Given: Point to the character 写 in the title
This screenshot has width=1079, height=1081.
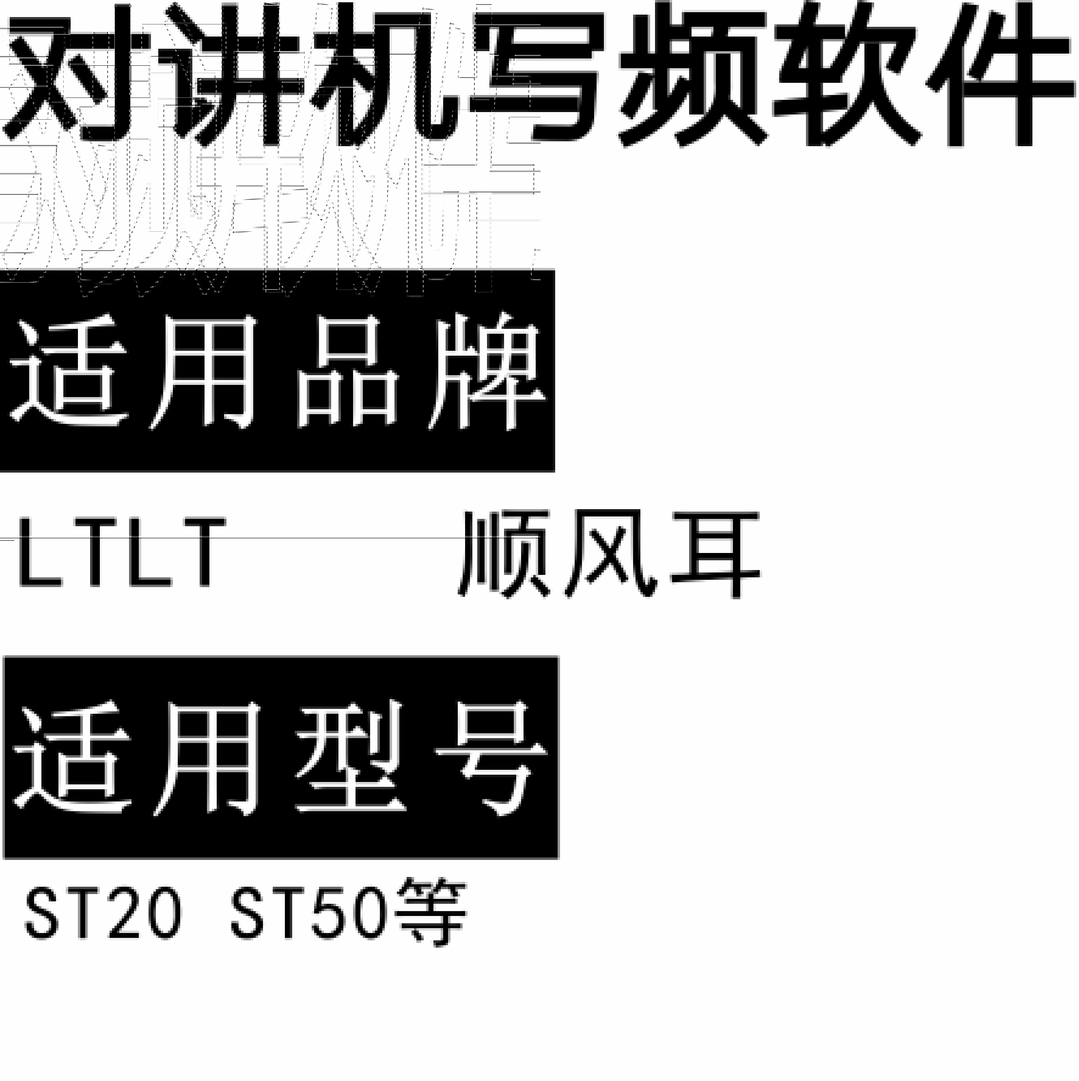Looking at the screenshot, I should (x=537, y=76).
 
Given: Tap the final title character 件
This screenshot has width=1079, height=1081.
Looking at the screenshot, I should (x=1001, y=76).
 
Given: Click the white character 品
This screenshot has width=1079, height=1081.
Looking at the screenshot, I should (x=347, y=372).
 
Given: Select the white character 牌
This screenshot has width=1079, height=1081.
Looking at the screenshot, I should (x=487, y=372).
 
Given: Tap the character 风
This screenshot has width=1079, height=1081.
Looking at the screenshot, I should (x=610, y=554).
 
